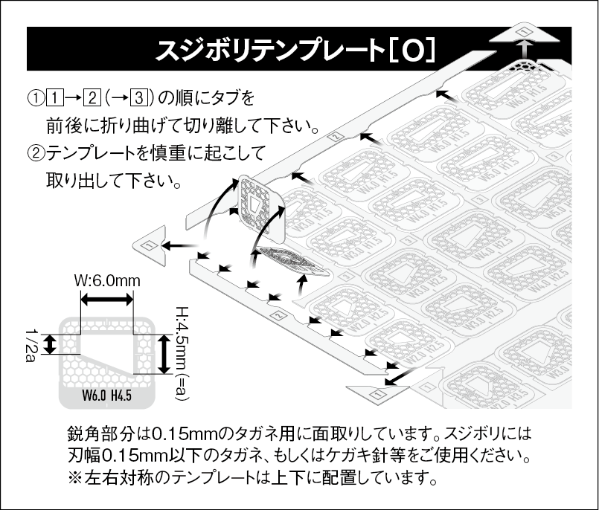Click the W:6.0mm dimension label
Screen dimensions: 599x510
(x=107, y=281)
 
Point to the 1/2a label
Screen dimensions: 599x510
(x=31, y=344)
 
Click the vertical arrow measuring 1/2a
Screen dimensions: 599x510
(x=50, y=344)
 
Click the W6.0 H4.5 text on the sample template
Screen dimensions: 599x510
(x=107, y=394)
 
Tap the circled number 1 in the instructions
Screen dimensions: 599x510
(x=34, y=97)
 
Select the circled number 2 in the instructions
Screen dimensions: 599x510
(x=34, y=154)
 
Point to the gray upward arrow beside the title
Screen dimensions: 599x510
(x=526, y=50)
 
